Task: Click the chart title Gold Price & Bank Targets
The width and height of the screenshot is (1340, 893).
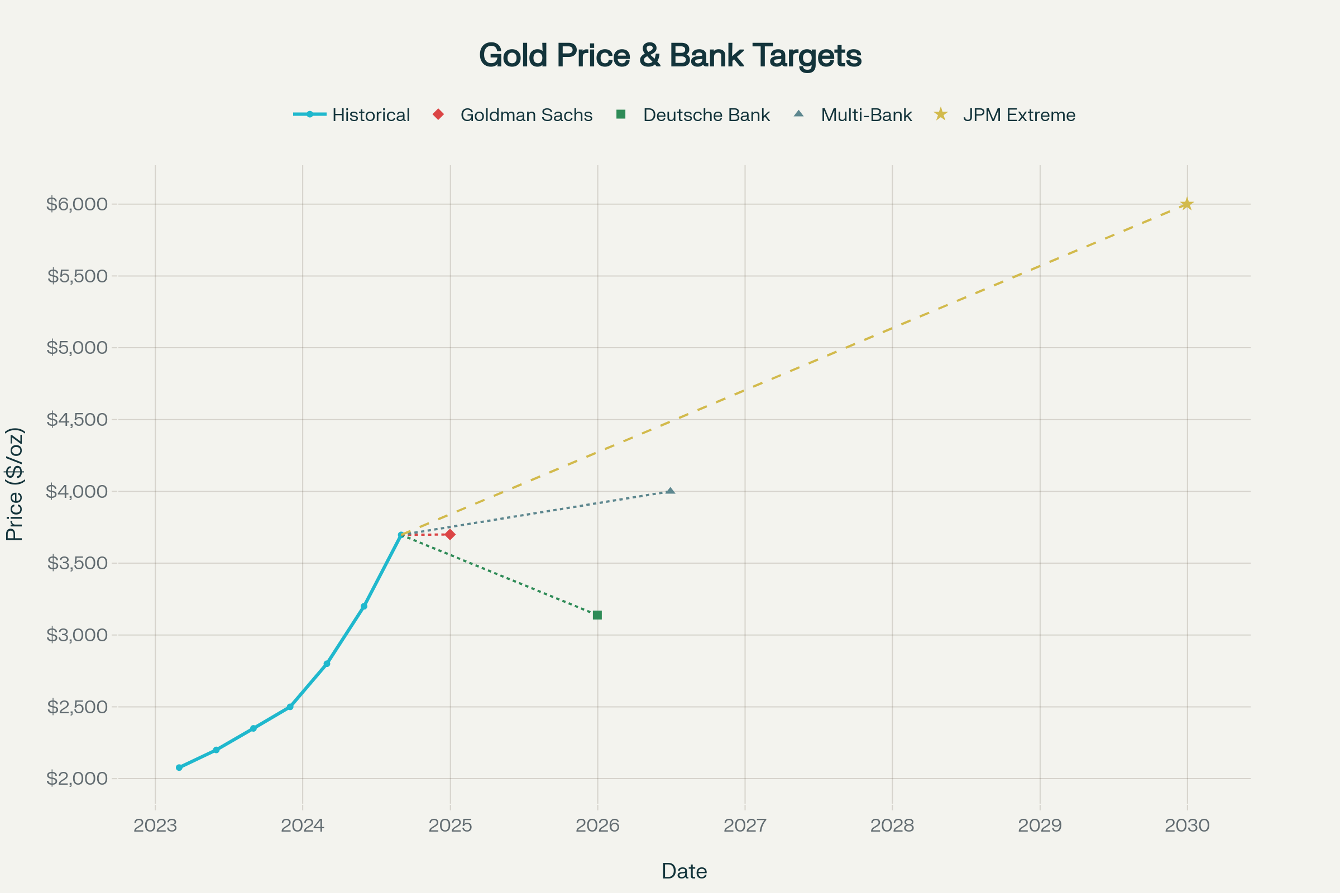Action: click(x=670, y=56)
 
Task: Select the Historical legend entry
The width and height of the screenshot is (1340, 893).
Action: click(x=370, y=115)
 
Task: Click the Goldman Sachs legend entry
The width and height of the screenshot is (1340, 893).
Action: click(x=526, y=115)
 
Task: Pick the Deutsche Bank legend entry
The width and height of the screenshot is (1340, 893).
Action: click(x=706, y=115)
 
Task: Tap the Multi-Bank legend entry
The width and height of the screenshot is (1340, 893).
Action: click(x=866, y=115)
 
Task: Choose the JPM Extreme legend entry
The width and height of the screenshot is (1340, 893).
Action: click(x=1018, y=115)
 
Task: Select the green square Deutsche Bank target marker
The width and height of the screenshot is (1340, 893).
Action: click(x=597, y=615)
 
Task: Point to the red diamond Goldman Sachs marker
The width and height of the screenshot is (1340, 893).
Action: click(x=450, y=534)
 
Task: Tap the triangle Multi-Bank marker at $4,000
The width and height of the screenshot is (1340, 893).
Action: click(x=671, y=491)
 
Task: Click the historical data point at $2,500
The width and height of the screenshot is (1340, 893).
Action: click(x=290, y=707)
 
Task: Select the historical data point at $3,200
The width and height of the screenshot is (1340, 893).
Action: click(x=364, y=606)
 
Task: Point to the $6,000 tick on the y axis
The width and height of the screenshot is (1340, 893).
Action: click(x=77, y=204)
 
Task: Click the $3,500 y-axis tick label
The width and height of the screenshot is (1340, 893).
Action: click(x=77, y=563)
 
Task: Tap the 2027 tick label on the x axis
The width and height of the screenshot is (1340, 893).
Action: click(x=745, y=825)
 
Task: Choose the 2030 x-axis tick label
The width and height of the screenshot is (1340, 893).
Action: click(x=1187, y=825)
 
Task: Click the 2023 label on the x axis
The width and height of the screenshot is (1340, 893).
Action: click(x=155, y=825)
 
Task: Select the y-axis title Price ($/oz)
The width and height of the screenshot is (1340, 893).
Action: click(x=15, y=484)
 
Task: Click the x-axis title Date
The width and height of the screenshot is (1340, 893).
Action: click(x=683, y=871)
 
